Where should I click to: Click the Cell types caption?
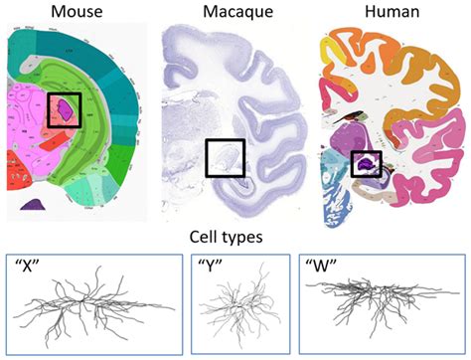tap(234, 239)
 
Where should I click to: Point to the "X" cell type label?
tap(31, 267)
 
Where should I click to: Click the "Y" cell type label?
tap(180, 267)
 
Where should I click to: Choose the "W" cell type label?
tap(325, 267)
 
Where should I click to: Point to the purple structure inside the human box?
tap(367, 164)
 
